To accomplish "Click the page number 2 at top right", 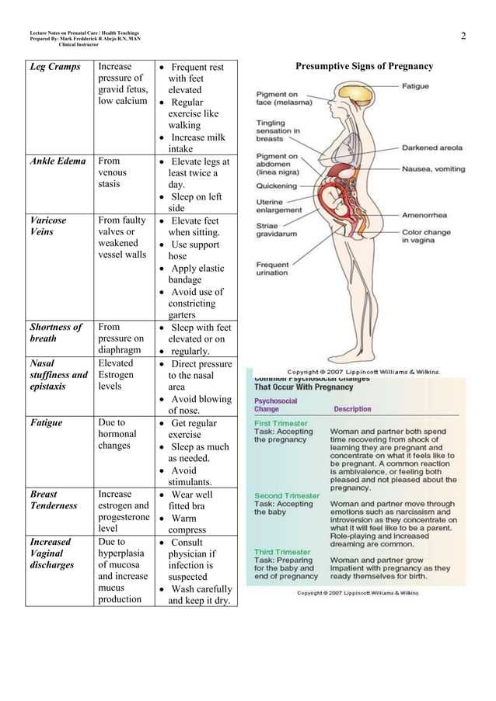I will tap(463, 36).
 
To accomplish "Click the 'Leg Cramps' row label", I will tap(55, 67).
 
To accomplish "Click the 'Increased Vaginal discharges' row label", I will tap(52, 553).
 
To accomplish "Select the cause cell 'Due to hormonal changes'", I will tap(117, 435).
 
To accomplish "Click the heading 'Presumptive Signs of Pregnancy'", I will tap(364, 67).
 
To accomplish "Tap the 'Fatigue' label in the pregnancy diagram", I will tap(414, 86).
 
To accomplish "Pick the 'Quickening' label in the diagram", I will tap(277, 186).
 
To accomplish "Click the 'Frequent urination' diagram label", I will tap(273, 269).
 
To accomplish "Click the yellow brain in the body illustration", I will tap(359, 97).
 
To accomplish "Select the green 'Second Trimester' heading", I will tap(287, 495).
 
